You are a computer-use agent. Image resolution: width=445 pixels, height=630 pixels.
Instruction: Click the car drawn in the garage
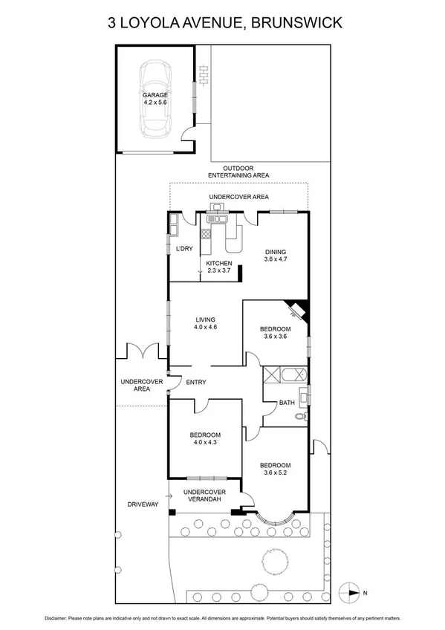click(x=156, y=100)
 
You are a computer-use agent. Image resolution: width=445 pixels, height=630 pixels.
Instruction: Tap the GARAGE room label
click(x=156, y=96)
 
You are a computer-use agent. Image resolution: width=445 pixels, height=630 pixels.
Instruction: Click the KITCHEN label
click(x=219, y=264)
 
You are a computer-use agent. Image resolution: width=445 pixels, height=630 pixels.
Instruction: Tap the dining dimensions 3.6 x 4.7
click(x=281, y=261)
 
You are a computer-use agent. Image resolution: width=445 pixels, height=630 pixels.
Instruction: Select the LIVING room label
click(x=205, y=320)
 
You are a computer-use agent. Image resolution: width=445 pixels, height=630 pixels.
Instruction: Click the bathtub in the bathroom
click(x=285, y=374)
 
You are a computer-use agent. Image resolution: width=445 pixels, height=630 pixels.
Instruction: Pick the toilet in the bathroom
click(x=300, y=418)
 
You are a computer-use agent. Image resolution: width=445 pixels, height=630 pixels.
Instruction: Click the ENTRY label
click(x=196, y=383)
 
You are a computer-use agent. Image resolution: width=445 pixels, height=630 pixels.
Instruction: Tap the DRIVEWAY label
click(x=143, y=504)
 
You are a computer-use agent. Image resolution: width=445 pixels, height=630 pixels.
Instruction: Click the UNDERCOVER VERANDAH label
click(x=204, y=496)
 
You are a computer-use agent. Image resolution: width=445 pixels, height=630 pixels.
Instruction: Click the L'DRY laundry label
click(x=183, y=248)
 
